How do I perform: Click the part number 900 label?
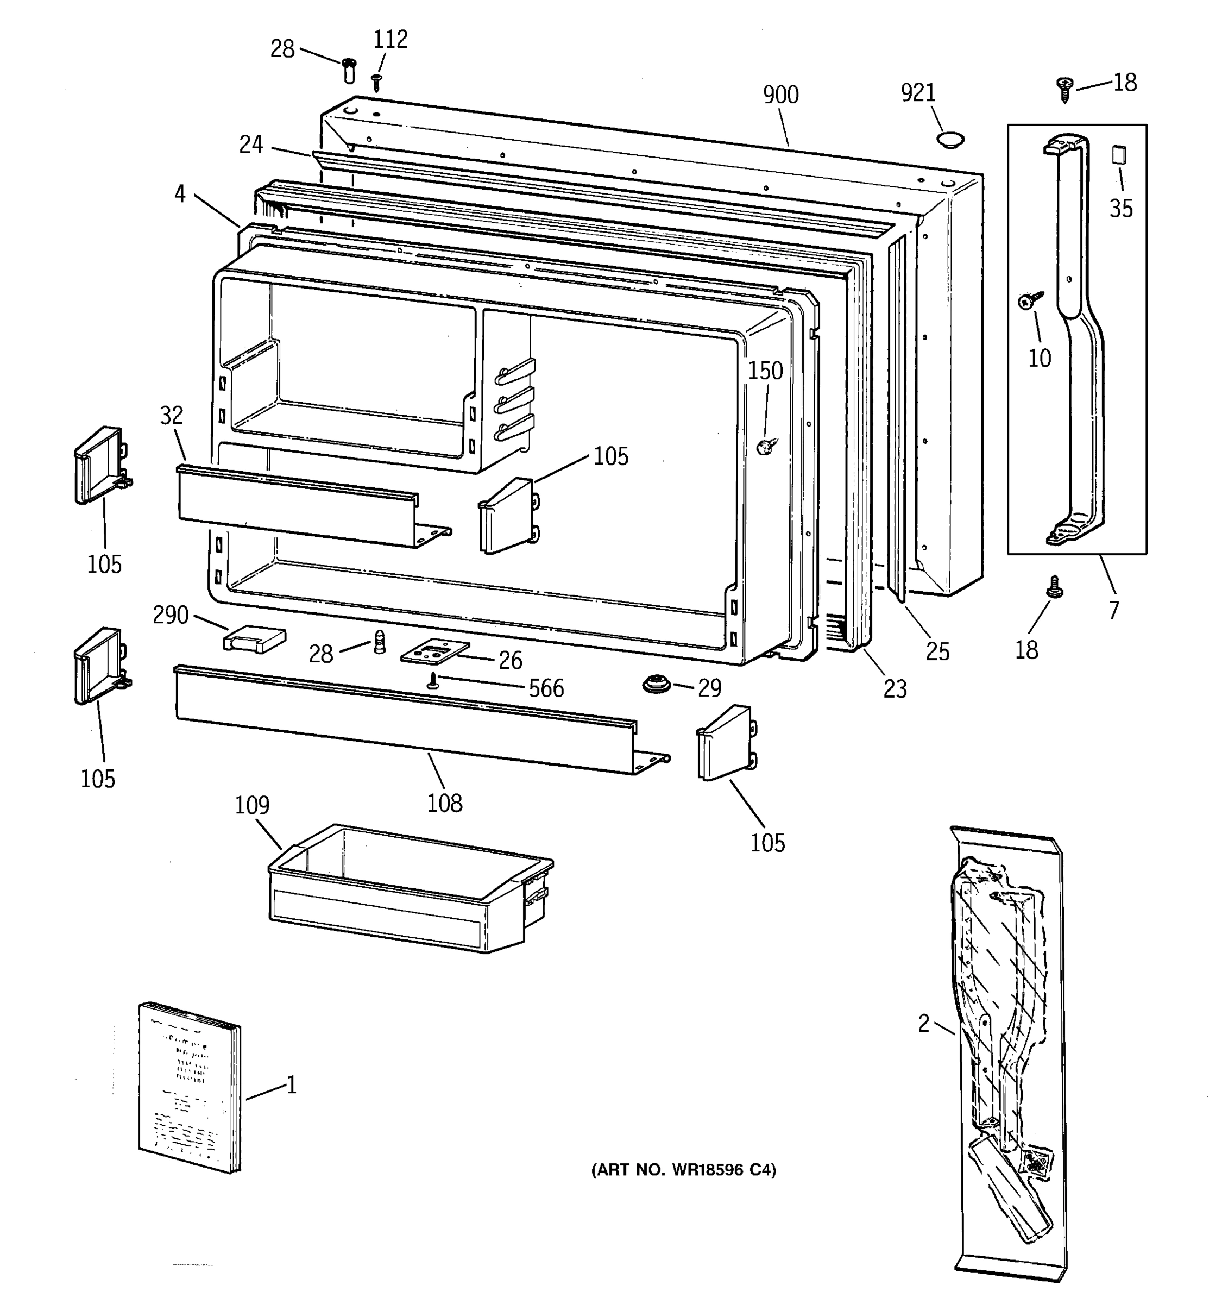click(x=780, y=95)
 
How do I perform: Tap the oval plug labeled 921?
click(x=950, y=139)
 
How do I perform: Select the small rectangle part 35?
click(x=1118, y=155)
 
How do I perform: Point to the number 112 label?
click(x=390, y=40)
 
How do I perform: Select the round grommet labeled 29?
click(x=656, y=684)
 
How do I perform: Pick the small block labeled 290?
click(x=254, y=639)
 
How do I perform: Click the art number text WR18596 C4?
click(x=683, y=1170)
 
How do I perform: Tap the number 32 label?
click(x=171, y=415)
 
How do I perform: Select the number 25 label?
click(x=937, y=651)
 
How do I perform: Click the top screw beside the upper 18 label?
click(x=1064, y=89)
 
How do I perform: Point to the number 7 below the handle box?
click(x=1113, y=611)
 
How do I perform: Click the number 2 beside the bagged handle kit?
click(x=923, y=1023)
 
